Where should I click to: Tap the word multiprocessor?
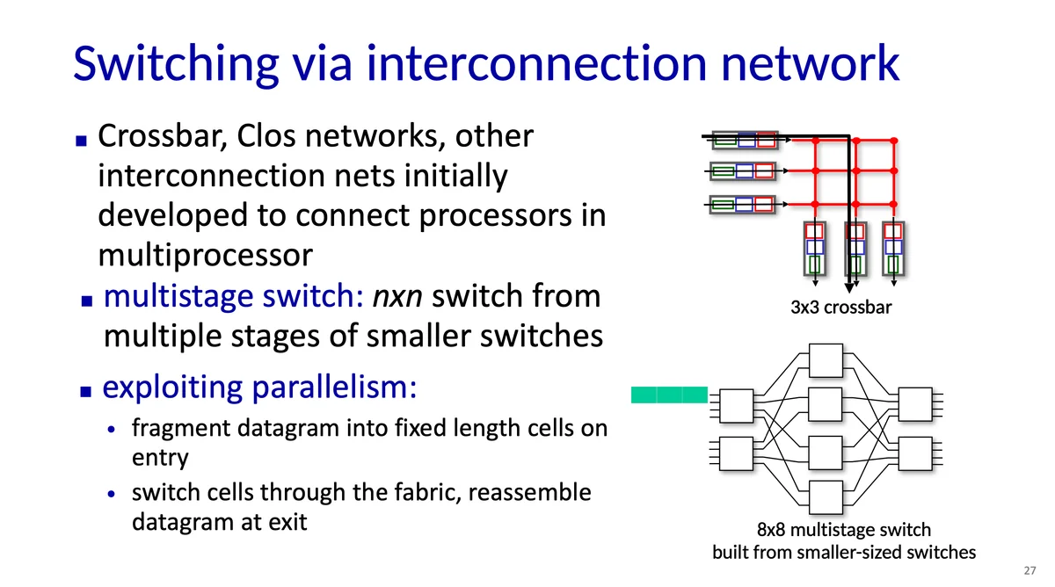coord(205,256)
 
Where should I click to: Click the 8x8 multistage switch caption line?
coord(843,530)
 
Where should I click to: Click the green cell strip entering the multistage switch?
coord(669,395)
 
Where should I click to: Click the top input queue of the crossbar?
coord(744,140)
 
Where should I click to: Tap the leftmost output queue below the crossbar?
coord(814,248)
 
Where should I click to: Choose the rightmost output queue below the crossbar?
coord(893,248)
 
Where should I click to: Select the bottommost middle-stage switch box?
coord(825,497)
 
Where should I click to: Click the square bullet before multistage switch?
coord(85,300)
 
